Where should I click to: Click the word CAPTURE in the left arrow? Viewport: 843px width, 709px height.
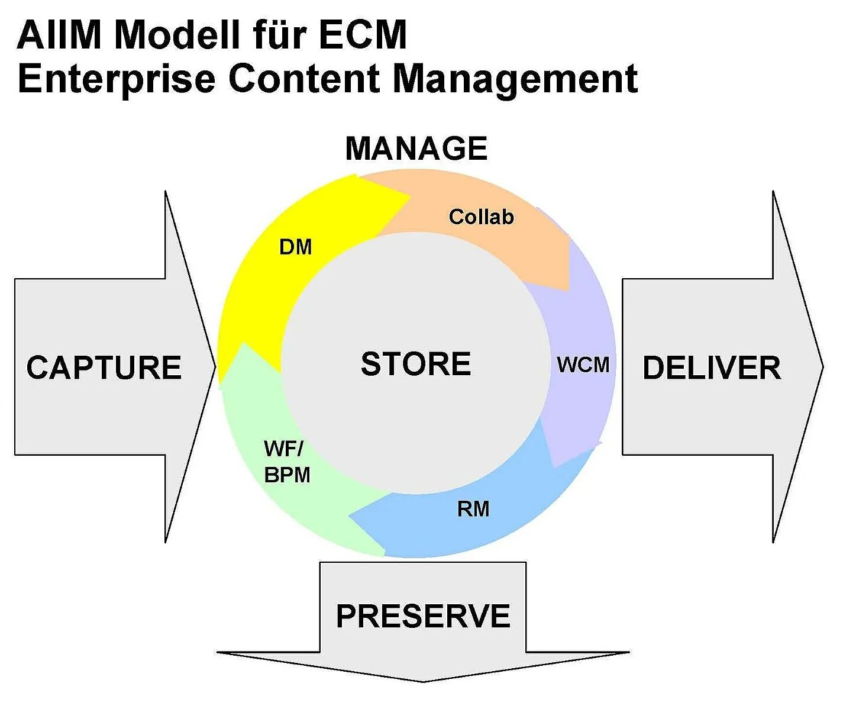104,368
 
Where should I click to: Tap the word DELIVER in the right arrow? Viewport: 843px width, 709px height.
712,368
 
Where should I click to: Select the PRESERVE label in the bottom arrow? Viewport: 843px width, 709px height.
423,616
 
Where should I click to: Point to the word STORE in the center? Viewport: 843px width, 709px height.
416,363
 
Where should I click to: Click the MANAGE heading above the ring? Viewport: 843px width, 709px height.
416,149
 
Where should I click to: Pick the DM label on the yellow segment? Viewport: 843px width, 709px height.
295,247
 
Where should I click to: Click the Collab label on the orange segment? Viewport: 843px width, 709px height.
481,217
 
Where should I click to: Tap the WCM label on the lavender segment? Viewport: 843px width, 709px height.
583,365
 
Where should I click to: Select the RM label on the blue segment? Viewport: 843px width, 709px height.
473,508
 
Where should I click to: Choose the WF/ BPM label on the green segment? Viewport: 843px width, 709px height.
287,462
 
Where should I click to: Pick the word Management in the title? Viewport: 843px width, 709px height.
515,79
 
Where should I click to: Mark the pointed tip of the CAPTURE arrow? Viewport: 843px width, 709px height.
215,367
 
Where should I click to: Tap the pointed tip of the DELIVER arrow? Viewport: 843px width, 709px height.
822,367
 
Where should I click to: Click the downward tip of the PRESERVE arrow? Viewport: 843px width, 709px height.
423,681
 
